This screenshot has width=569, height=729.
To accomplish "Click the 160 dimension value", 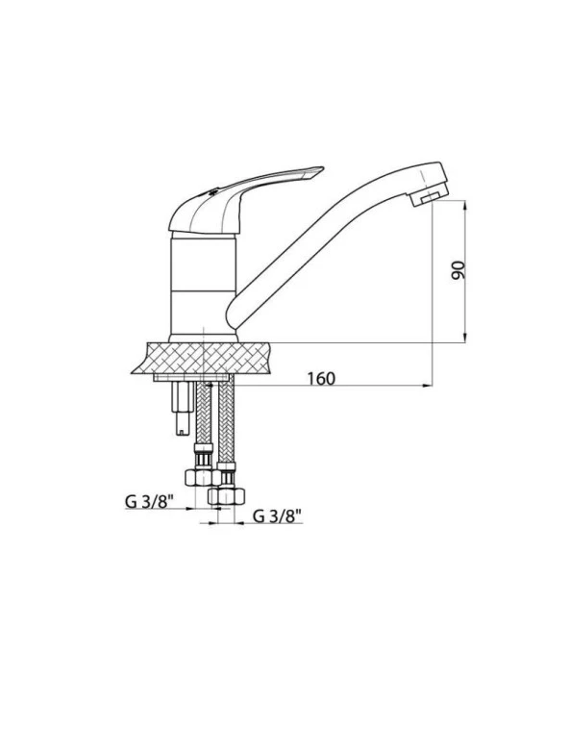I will pos(321,378).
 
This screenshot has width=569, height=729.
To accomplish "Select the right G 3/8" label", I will pos(279,516).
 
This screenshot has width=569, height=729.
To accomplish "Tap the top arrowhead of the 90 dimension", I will pos(466,206).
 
